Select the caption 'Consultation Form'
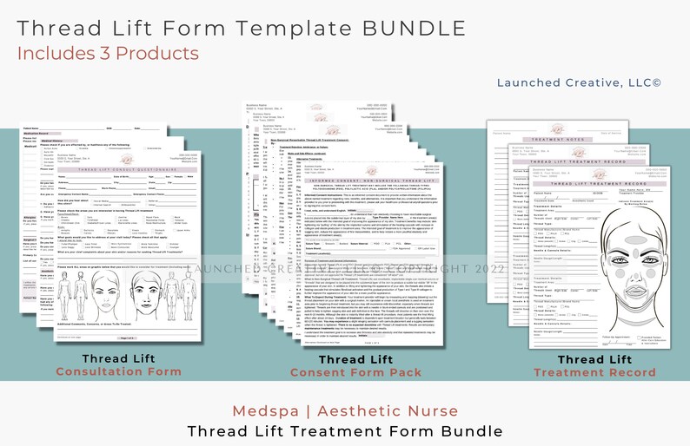click(x=119, y=371)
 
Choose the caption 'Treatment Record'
click(x=594, y=372)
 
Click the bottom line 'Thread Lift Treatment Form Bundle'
click(x=345, y=430)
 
